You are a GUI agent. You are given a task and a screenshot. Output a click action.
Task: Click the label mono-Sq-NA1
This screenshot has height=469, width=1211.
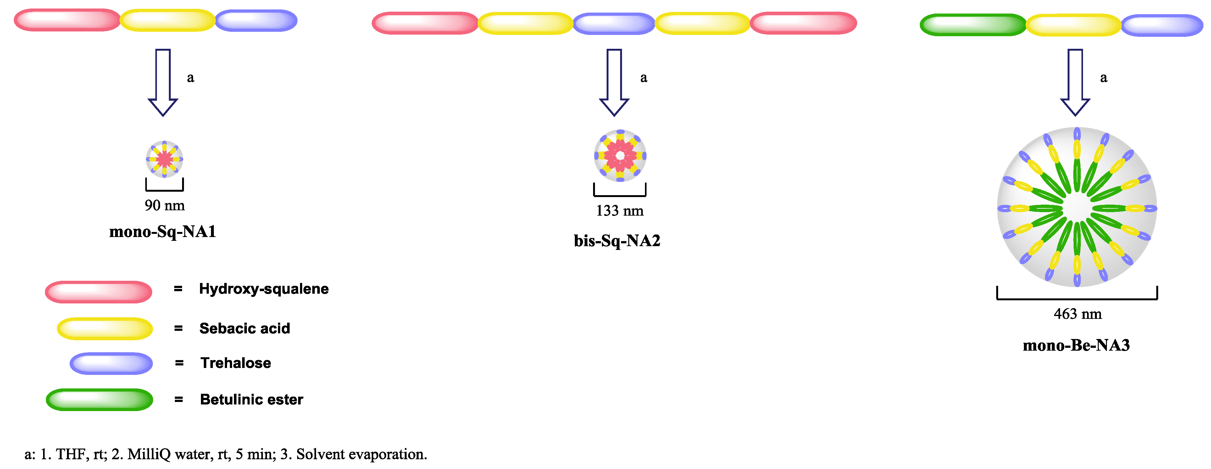tap(163, 231)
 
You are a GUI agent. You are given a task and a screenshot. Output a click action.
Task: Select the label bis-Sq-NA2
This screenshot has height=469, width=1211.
tap(617, 241)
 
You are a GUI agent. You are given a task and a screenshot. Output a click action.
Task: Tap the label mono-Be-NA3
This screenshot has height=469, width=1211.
tap(1076, 345)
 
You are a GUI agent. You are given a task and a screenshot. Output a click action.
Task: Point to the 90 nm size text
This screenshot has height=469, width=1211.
tap(164, 206)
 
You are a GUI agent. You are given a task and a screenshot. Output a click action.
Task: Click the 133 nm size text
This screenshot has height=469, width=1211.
tap(619, 211)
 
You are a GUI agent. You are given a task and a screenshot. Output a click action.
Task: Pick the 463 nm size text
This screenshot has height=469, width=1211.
tap(1077, 314)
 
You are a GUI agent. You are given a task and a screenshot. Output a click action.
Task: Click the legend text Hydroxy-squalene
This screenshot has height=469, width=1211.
tap(264, 289)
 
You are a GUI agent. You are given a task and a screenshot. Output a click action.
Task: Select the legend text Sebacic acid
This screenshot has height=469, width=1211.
tap(244, 328)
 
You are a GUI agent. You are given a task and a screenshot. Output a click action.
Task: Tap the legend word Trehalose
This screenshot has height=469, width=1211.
tap(236, 363)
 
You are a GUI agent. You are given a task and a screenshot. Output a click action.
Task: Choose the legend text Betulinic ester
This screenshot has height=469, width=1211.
tap(252, 399)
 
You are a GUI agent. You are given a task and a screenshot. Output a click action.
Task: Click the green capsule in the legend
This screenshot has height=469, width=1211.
tap(99, 399)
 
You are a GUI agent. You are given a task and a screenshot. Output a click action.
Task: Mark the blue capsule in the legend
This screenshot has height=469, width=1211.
tap(111, 363)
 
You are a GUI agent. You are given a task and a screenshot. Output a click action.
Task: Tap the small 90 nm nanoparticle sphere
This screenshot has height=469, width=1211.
tap(164, 159)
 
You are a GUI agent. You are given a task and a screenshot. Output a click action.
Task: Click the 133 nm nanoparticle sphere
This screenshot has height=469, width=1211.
tap(620, 156)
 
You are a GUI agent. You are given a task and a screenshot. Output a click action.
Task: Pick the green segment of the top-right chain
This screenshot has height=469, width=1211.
tap(973, 25)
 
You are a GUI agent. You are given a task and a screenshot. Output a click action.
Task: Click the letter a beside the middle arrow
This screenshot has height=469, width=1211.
tap(644, 78)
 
